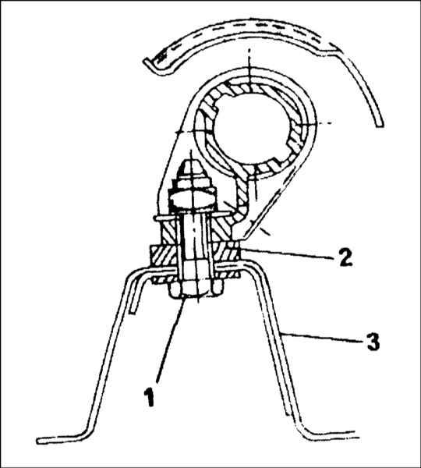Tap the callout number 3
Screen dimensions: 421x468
pos(372,341)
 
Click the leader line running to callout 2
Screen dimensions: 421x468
pos(285,253)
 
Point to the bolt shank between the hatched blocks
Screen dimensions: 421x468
pos(193,242)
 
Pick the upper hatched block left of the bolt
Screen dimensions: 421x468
pos(169,231)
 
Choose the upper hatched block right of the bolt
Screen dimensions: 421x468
pos(222,230)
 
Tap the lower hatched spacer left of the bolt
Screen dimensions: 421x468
pos(164,256)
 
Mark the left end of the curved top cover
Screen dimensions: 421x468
pos(147,62)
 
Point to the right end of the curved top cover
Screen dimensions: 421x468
pos(379,125)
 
